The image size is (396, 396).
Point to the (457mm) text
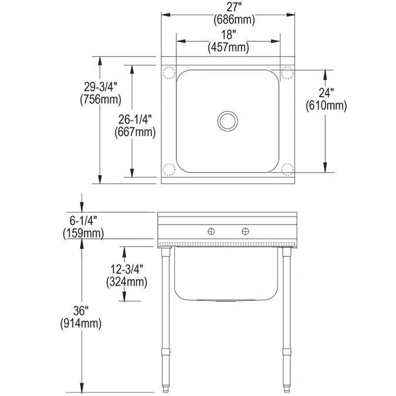click(x=228, y=48)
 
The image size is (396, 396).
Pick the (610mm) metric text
click(x=327, y=106)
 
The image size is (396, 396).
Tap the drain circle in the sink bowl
click(x=227, y=121)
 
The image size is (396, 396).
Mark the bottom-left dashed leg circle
click(x=169, y=170)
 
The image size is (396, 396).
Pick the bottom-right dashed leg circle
click(x=287, y=170)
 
